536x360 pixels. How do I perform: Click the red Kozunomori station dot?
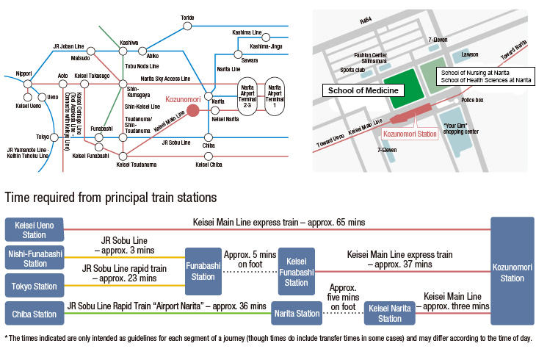pos(192,111)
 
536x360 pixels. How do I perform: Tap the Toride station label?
pos(188,17)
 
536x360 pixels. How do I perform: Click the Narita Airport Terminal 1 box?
pos(275,95)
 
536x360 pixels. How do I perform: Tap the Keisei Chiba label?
pos(209,165)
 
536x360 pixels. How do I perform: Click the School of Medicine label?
pos(363,90)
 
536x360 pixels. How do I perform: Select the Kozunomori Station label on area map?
pos(410,134)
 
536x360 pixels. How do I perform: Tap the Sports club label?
pos(352,71)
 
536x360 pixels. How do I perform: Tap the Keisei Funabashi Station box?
pos(296,272)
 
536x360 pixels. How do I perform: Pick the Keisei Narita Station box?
pos(390,314)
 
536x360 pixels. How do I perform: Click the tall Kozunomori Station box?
pos(512,273)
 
